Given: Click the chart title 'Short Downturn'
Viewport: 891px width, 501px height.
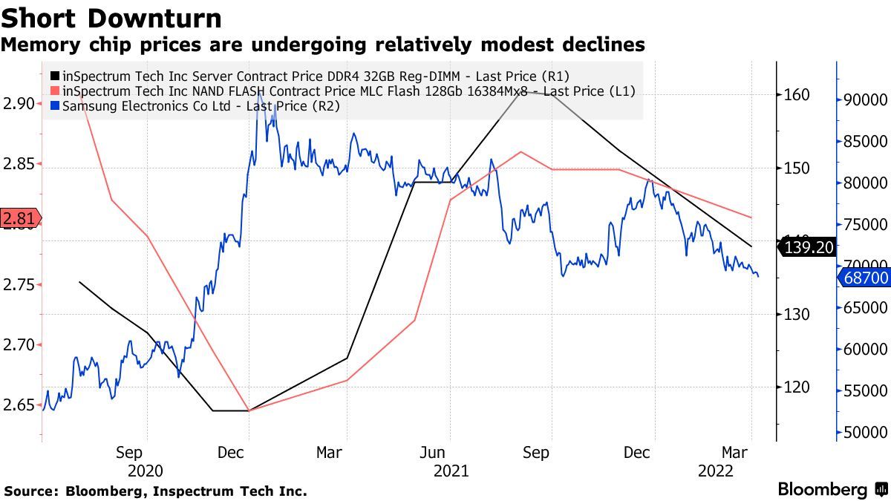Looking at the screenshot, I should [111, 18].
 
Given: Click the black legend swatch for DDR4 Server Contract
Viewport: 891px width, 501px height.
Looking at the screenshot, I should [56, 76].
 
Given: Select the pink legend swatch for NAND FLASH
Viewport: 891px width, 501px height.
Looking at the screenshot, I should [56, 91].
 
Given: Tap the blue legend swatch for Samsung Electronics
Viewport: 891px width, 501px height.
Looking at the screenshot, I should [56, 106].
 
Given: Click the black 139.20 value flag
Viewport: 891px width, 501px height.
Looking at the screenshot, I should [809, 247].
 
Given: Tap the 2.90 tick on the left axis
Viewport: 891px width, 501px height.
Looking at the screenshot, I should [18, 103].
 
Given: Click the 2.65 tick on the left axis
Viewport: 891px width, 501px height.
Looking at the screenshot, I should [18, 405].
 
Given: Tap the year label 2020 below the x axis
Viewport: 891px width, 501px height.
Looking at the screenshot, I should [145, 471].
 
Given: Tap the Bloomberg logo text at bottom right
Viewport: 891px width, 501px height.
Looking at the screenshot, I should [823, 490].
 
